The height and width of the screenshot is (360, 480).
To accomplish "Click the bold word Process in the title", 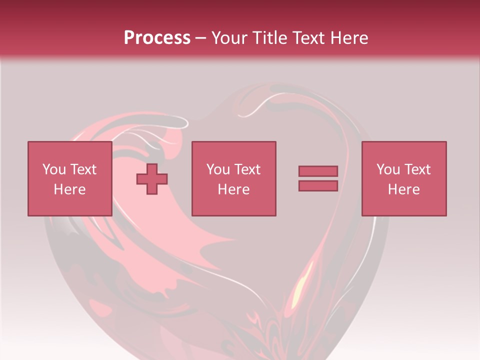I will coord(157,38).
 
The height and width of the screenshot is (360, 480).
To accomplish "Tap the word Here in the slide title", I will coord(348,38).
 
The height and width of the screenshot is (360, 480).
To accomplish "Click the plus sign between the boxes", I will coord(152,178).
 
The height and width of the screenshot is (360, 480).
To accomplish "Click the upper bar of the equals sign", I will coord(318,171).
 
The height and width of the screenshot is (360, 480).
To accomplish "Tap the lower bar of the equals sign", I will coord(318,185).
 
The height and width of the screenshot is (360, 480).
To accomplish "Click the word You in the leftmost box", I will coord(54,169).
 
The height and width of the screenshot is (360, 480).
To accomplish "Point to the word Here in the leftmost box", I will coord(69,189).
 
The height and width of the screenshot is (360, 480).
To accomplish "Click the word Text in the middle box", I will coord(247,169).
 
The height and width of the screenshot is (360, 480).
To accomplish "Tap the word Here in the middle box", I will coord(233,189).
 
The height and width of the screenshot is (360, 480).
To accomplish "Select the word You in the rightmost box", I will coord(388,169).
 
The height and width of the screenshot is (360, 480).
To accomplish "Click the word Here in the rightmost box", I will coord(403,189).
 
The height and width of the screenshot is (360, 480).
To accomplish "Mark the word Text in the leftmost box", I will coord(83,169).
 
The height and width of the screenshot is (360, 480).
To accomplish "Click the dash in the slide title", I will coord(201,38).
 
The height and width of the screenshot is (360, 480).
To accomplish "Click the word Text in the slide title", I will coord(307,38).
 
